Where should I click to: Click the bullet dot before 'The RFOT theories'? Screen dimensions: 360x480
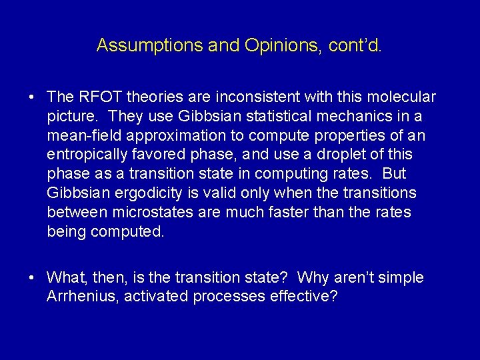[32, 98]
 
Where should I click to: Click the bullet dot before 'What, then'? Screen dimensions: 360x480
[32, 278]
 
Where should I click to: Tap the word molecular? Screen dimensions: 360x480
[404, 97]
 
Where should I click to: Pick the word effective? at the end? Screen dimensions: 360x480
[303, 297]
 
